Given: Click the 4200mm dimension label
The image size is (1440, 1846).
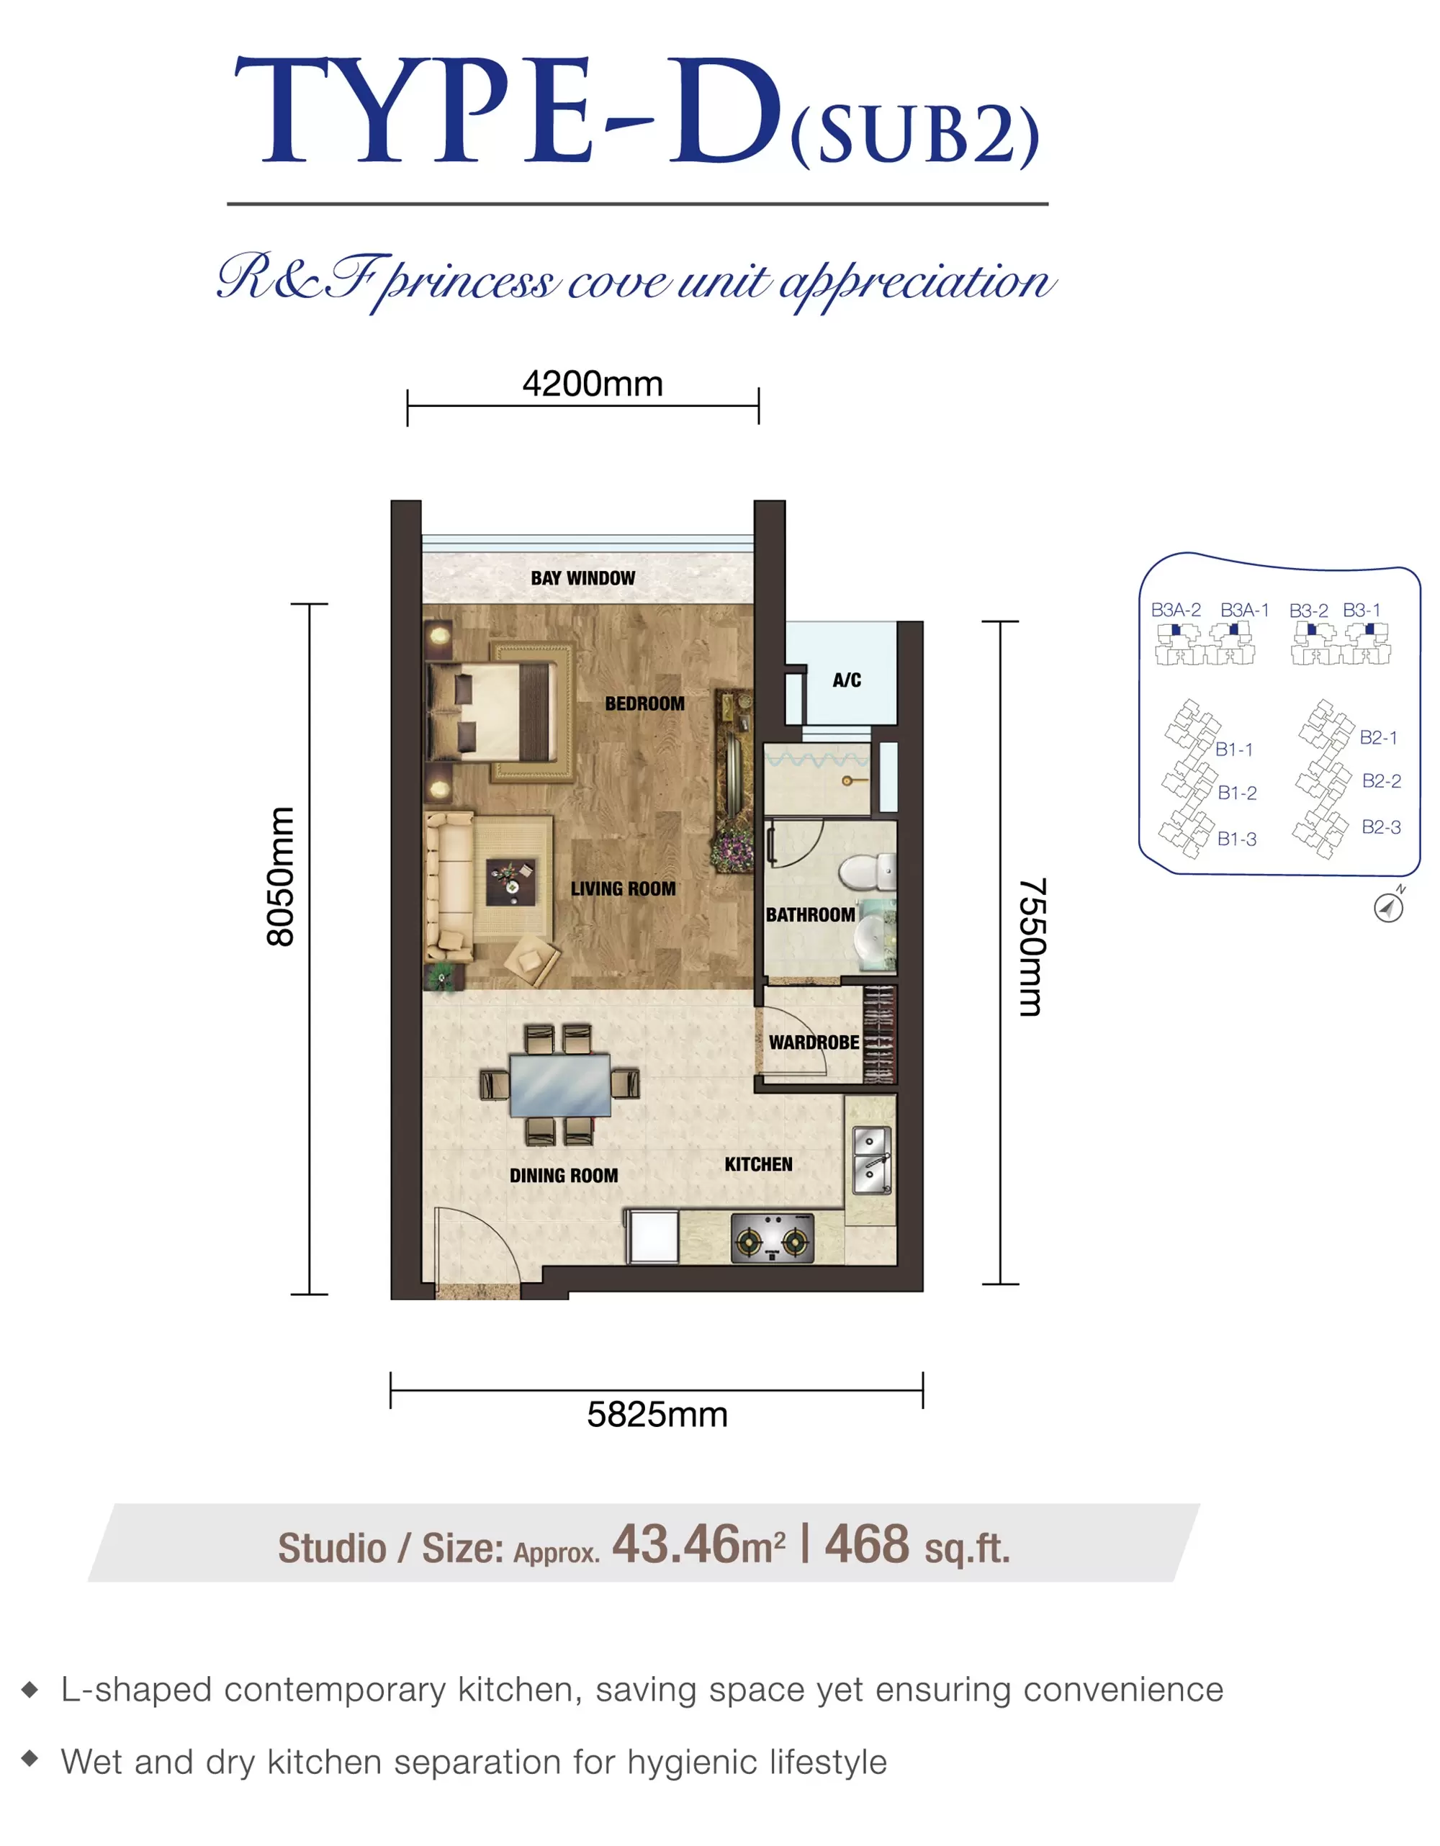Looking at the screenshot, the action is click(593, 384).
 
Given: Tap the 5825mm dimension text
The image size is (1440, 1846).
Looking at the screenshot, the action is click(657, 1415).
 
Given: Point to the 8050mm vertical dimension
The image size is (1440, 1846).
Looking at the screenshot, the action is click(279, 876).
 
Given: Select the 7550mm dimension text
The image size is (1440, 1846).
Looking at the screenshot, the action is click(1032, 947).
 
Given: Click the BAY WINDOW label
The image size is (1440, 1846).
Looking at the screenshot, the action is click(583, 578).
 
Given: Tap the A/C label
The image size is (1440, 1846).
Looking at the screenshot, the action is click(847, 680).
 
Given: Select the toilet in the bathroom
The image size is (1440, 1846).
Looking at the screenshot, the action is click(867, 871).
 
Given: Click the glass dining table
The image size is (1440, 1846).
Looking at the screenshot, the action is click(560, 1085).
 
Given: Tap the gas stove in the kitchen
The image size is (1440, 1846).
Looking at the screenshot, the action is click(773, 1239).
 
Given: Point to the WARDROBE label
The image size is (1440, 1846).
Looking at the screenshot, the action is click(814, 1043).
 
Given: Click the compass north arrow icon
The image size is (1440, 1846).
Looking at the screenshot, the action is click(1388, 907).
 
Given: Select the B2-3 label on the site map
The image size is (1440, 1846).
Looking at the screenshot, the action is click(1381, 827).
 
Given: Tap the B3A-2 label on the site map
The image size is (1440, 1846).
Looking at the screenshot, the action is click(1176, 609).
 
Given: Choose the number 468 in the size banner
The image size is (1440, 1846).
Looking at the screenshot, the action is click(867, 1544).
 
